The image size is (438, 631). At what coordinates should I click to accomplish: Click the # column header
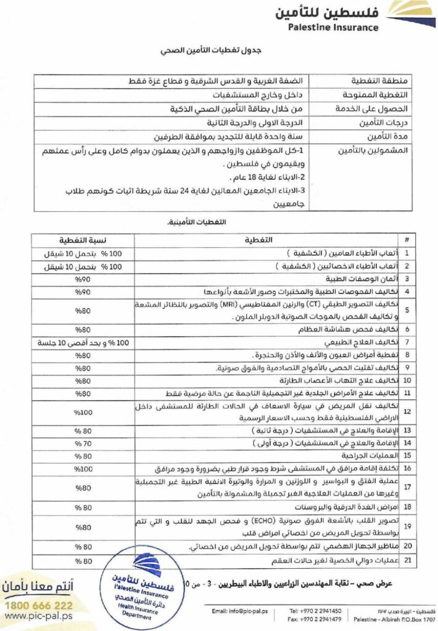(407, 239)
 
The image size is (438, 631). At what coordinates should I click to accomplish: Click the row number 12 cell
(407, 412)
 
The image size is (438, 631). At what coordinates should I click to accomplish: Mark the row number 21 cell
(407, 560)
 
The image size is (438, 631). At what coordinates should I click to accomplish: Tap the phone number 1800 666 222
(38, 605)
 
